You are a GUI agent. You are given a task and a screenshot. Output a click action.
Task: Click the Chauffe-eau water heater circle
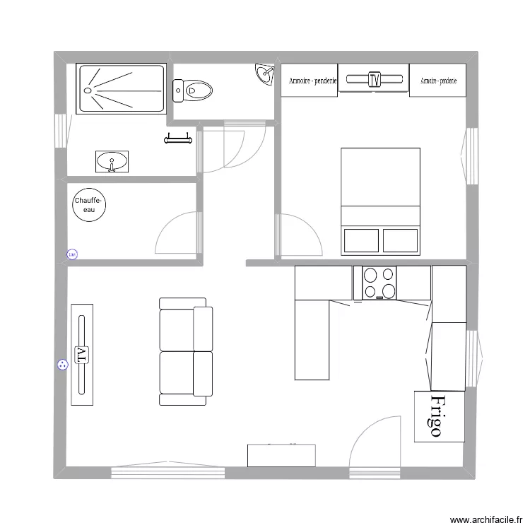[x=89, y=206]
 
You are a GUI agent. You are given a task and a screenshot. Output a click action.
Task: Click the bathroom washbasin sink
[x=112, y=162]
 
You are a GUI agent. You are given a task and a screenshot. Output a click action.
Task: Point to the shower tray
[x=121, y=88]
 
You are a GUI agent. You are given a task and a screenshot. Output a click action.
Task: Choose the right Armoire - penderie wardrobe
[x=438, y=81]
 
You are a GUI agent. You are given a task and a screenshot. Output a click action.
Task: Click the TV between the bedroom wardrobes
[x=374, y=79]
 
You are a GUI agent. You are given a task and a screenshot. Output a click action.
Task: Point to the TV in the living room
[x=81, y=354]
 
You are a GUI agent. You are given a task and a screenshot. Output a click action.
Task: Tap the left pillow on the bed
[x=360, y=240]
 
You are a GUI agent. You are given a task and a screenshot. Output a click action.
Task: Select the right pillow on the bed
[x=400, y=240]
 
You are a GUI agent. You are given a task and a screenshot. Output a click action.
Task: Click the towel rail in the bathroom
[x=178, y=139]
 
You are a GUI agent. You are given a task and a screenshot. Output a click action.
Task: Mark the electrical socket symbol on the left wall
[x=61, y=365]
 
